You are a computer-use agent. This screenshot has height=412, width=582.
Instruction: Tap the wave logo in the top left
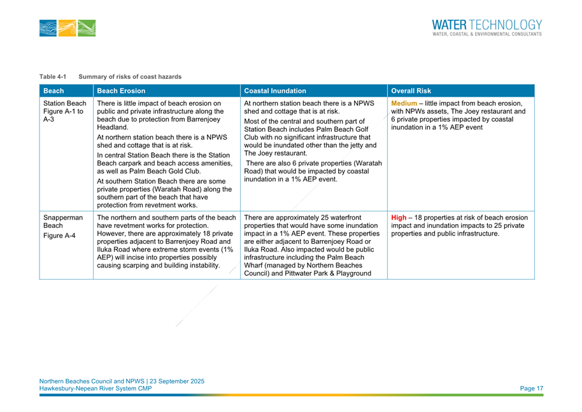click(67, 28)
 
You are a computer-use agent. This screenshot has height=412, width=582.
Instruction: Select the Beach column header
click(53, 90)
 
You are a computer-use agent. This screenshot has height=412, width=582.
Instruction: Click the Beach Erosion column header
click(122, 90)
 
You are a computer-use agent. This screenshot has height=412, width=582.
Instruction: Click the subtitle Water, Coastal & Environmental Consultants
click(486, 34)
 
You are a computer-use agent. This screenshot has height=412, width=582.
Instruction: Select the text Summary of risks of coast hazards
click(130, 77)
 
